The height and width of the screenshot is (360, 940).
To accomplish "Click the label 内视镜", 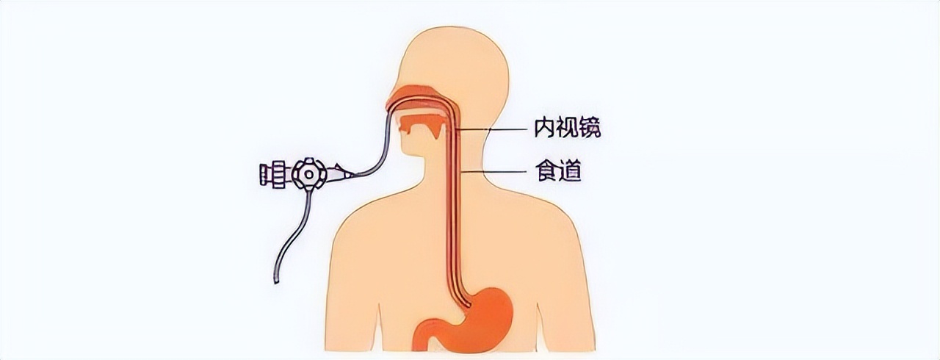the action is [567, 129].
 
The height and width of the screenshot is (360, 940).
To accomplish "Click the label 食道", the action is [556, 173].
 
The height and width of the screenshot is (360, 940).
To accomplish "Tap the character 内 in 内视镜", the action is [543, 129].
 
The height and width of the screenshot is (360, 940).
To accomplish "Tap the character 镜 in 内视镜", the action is [590, 129].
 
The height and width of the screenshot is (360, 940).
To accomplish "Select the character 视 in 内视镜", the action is [567, 129].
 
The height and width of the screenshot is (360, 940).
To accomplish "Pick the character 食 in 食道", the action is [544, 173].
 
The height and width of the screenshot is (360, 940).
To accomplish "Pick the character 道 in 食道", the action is [569, 173].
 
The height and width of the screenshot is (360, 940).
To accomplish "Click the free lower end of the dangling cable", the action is [277, 280].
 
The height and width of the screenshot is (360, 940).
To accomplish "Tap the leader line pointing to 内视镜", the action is [492, 130].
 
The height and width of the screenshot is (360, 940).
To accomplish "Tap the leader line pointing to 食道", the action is [499, 173].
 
